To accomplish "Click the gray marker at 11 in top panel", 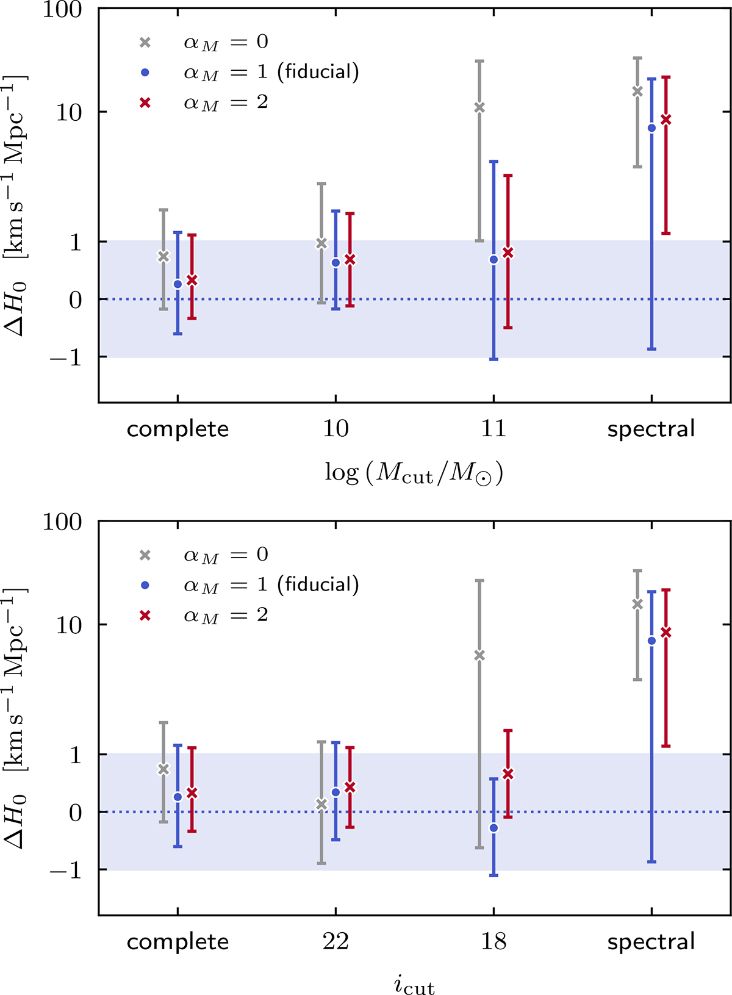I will [x=479, y=108].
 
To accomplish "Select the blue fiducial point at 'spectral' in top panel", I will [x=651, y=128].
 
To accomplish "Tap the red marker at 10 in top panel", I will [x=350, y=260].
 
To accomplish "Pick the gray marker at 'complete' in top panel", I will [x=163, y=257].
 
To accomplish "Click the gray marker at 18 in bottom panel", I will [x=479, y=656].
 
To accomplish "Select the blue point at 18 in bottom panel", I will [x=493, y=828].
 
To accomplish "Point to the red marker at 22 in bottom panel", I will [x=350, y=788].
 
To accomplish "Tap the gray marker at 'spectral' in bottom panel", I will [x=637, y=605].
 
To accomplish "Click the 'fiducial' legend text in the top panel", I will [x=318, y=72].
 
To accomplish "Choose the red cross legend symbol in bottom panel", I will [x=145, y=616].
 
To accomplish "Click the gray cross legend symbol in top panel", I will [x=145, y=43].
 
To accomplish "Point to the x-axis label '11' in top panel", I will [x=493, y=429].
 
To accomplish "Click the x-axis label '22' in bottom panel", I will [x=335, y=942].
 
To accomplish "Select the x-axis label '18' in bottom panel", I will [x=493, y=942].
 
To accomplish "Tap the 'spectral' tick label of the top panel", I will [x=651, y=429].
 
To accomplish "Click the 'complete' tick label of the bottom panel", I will [x=178, y=942].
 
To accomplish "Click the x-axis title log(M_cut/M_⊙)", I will [x=414, y=473].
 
